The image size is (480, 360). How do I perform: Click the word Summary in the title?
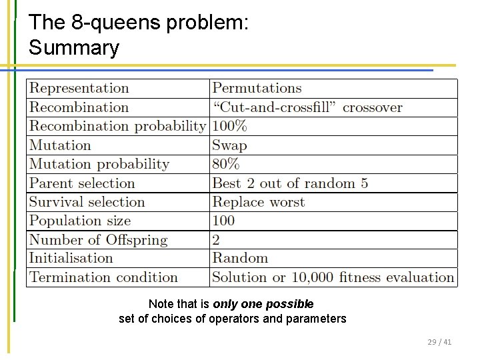coord(74,48)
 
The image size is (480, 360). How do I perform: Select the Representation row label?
coord(79,89)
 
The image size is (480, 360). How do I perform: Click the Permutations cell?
coord(257,89)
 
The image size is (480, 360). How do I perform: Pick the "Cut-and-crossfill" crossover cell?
coord(307,107)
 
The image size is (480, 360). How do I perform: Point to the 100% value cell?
coord(229,126)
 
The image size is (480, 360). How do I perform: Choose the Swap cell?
coord(229,145)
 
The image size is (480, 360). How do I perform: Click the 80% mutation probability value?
coord(225,164)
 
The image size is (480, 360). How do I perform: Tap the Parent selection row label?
coord(82,183)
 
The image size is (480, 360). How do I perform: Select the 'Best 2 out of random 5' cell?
coord(290,183)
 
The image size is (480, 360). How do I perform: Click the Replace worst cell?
coord(259,202)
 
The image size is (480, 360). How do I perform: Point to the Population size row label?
coord(80,221)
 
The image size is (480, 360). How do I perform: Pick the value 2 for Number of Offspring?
coord(216,240)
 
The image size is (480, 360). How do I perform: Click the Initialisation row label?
coord(71,258)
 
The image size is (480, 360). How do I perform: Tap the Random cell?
coord(240,258)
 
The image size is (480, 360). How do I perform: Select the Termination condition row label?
coord(103,277)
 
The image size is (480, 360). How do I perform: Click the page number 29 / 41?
coord(439,342)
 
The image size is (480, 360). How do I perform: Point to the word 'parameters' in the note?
coord(316,319)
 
